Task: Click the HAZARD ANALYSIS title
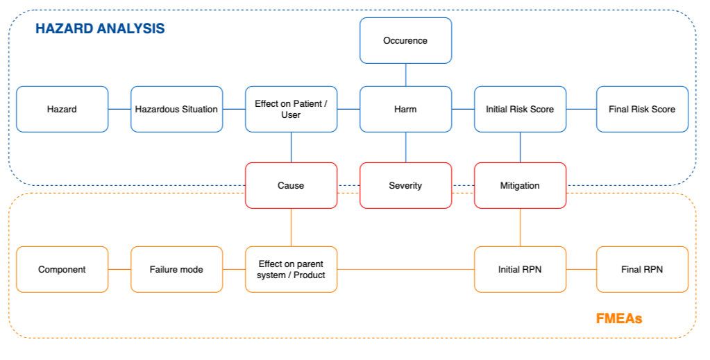pos(100,28)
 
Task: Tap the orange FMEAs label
pos(619,319)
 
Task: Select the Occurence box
pos(406,41)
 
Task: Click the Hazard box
pos(62,109)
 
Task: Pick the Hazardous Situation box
pos(176,109)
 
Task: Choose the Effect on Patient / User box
pos(291,109)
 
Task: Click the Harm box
pos(406,109)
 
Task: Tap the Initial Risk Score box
pos(521,109)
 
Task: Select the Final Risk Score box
pos(642,109)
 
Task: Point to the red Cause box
pos(291,186)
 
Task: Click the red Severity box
pos(406,186)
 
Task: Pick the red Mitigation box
pos(521,186)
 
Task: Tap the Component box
pos(62,269)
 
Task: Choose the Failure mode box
pos(176,269)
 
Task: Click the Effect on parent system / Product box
pos(291,269)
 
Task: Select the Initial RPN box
pos(521,269)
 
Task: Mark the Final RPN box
pos(642,269)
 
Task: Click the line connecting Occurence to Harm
pos(406,75)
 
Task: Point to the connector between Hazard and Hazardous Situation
pos(119,109)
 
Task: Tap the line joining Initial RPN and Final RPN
pos(582,269)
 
